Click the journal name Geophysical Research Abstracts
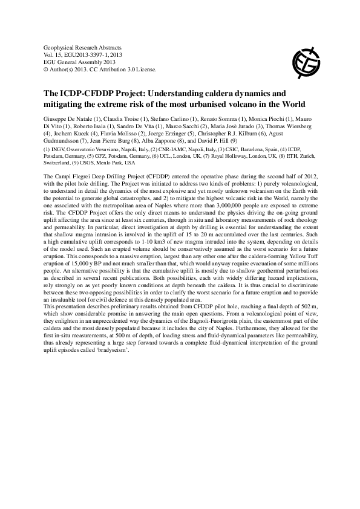click(x=83, y=47)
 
